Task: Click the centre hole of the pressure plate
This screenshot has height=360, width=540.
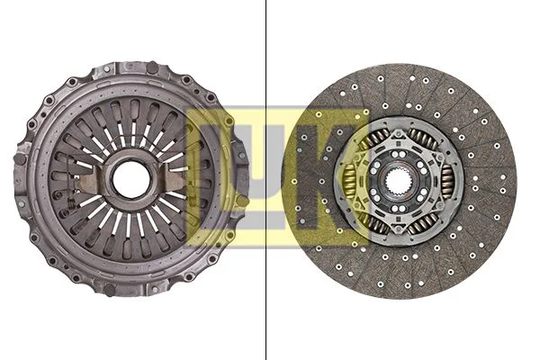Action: [x=130, y=178]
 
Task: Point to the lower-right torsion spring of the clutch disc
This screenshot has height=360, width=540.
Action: [x=424, y=220]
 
